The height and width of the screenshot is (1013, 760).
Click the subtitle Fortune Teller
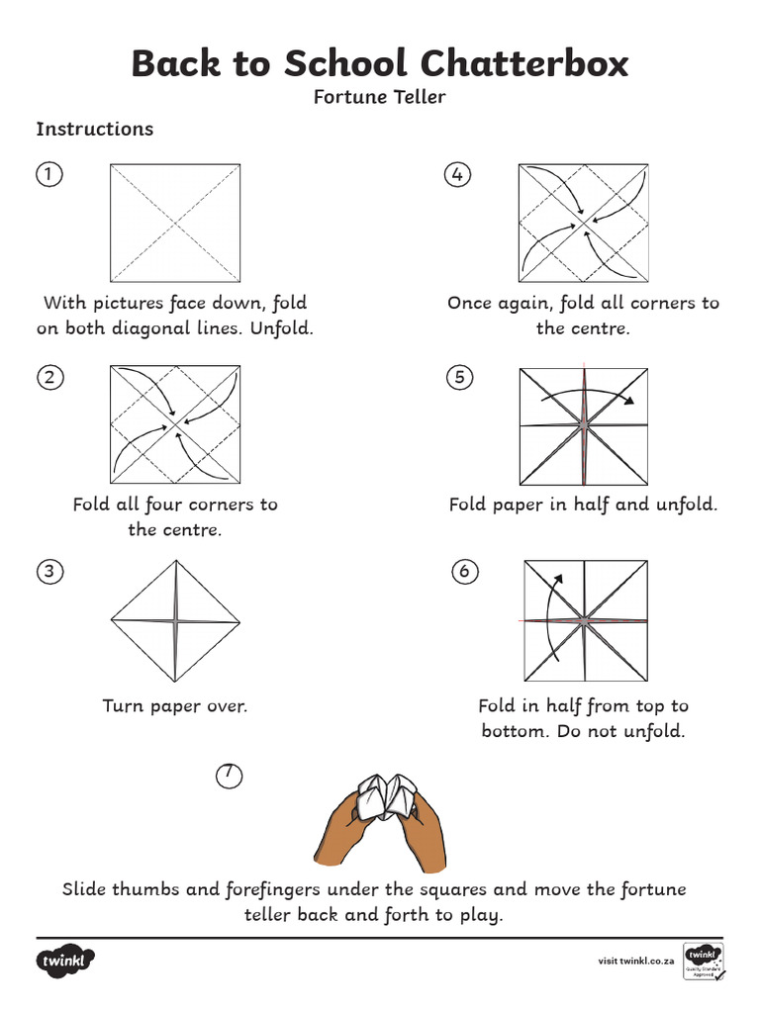[380, 97]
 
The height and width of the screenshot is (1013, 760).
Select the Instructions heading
[95, 129]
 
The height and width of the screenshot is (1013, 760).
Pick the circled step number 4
[456, 175]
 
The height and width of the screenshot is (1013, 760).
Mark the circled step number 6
[464, 571]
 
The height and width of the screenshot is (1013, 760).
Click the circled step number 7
[229, 777]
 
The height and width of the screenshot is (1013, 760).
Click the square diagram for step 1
[175, 223]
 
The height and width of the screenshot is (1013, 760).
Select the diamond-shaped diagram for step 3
[175, 621]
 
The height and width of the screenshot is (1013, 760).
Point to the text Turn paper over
[175, 706]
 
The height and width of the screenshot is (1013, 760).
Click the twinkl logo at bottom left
[66, 961]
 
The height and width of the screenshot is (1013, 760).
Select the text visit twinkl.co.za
[636, 961]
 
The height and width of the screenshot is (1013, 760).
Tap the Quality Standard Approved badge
[703, 961]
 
